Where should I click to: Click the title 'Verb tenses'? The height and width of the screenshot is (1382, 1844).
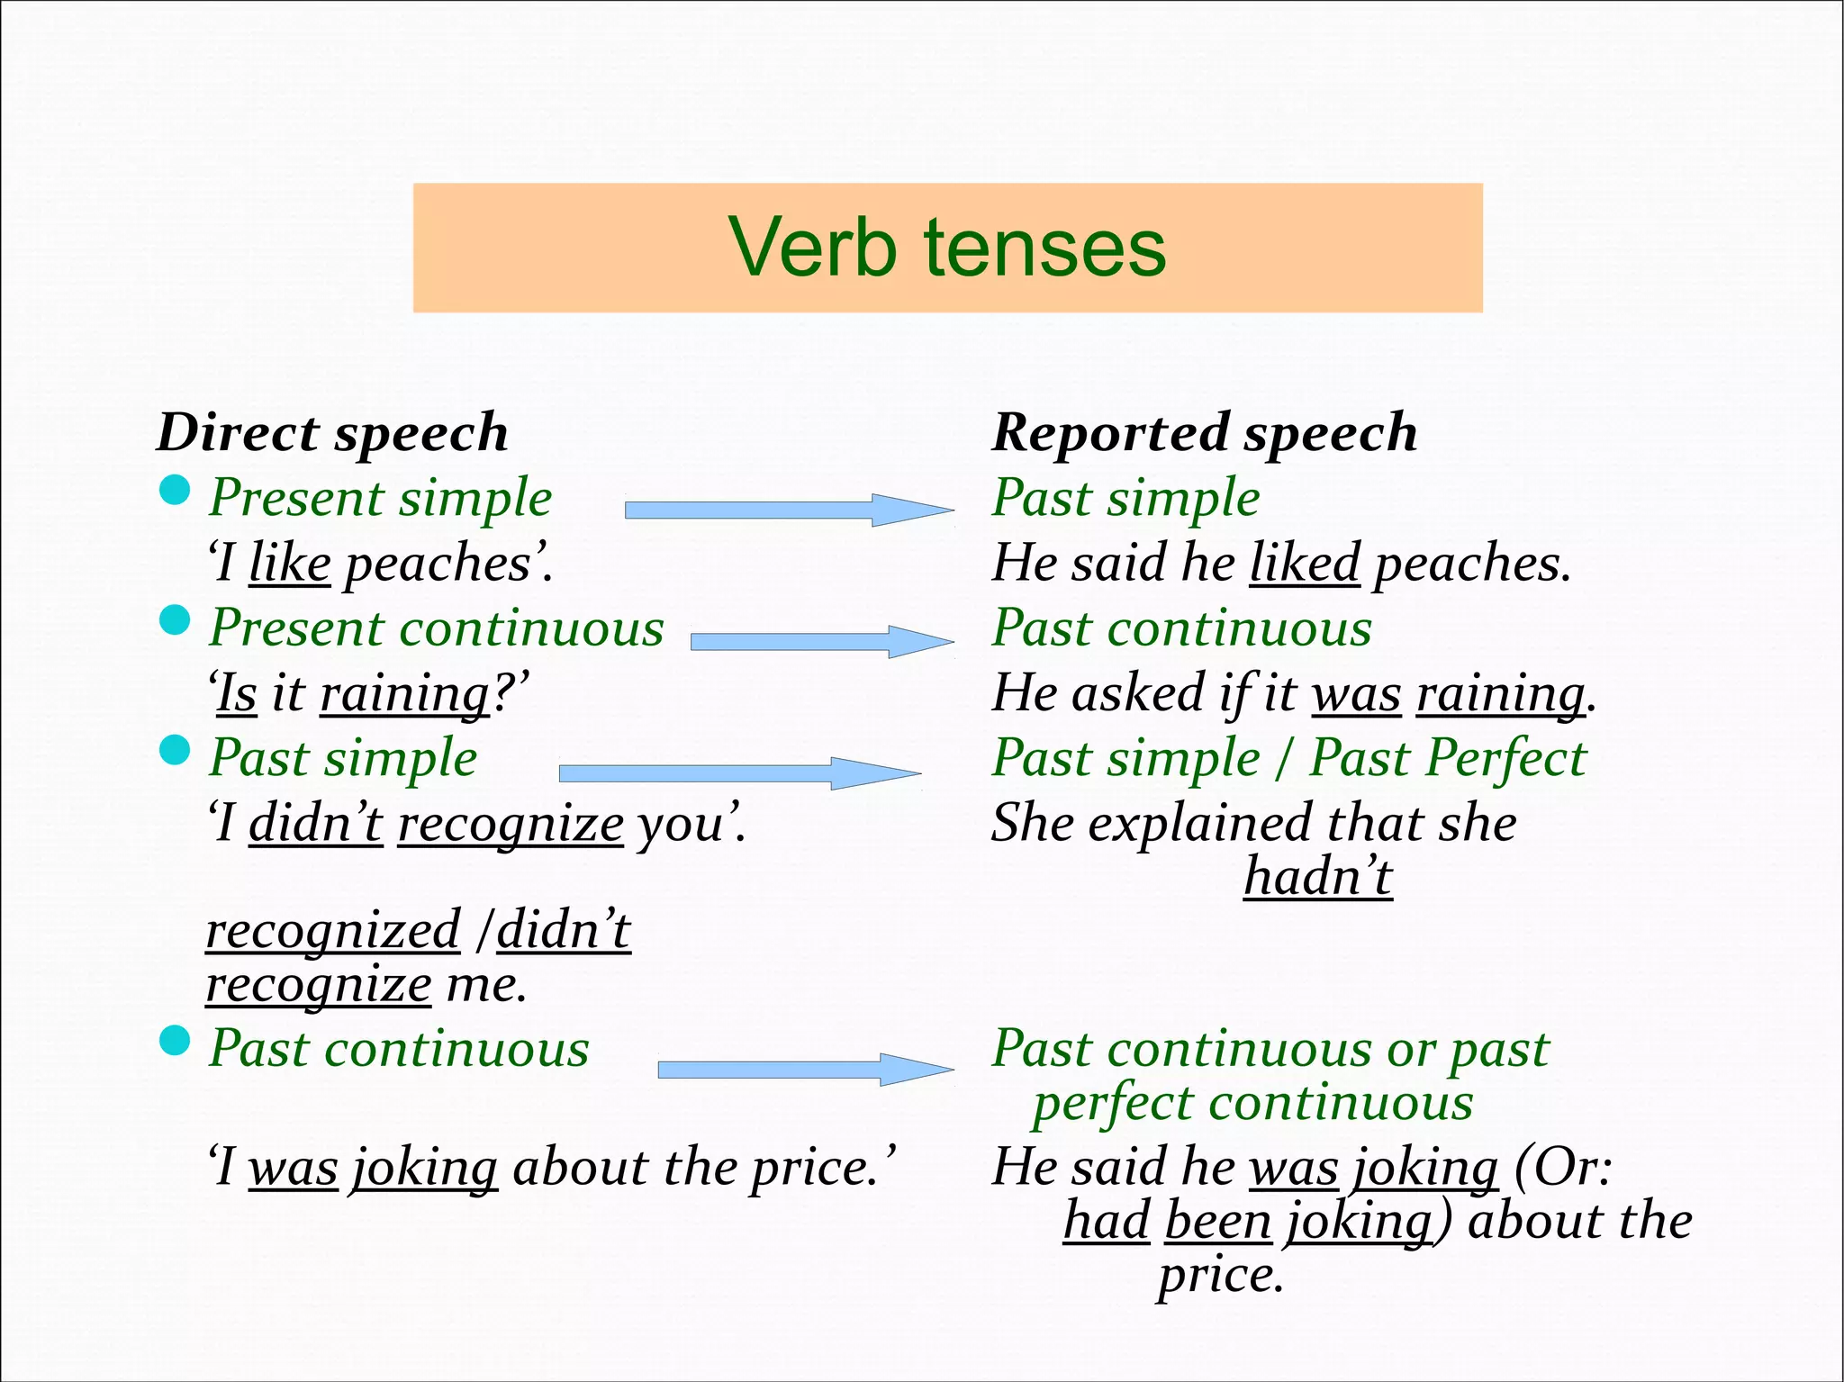947,248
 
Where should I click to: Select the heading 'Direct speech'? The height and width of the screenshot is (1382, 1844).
332,432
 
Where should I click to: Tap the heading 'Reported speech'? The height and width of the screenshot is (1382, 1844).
1204,432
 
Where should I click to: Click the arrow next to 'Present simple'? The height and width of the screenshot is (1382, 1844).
788,510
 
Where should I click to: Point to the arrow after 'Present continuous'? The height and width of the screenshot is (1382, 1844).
821,642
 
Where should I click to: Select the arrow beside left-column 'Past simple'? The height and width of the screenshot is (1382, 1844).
739,773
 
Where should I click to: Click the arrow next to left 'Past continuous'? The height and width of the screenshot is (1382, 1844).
805,1070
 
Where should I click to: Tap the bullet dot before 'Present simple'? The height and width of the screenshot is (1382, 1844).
175,491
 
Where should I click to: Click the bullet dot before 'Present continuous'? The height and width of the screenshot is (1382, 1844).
175,620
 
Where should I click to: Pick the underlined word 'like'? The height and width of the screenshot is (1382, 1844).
290,565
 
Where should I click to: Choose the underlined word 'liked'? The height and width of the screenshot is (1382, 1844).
1304,565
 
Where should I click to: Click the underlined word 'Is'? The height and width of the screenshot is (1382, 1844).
237,695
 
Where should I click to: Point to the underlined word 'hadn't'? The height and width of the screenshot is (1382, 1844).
1318,877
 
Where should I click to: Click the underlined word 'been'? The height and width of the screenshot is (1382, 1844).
1217,1223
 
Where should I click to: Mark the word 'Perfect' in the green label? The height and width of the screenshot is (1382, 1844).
1447,759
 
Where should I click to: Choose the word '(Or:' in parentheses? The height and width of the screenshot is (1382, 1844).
1562,1169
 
